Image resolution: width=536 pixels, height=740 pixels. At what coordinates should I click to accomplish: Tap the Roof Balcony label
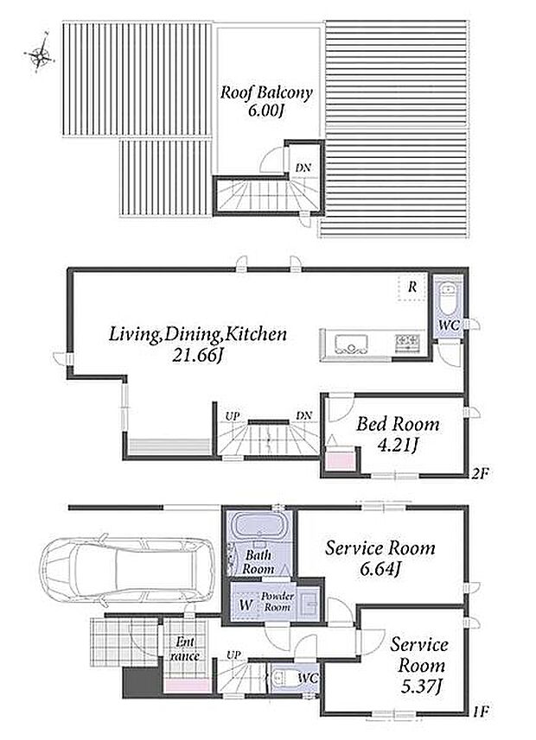(266, 92)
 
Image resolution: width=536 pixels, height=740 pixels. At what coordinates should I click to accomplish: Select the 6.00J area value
(266, 111)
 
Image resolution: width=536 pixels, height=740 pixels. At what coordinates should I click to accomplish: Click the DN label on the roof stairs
(303, 168)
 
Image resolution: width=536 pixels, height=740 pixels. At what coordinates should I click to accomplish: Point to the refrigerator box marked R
(412, 287)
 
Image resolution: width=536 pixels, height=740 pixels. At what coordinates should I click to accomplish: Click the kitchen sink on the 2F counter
(351, 343)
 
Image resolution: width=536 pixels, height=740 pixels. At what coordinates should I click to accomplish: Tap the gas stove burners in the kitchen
(407, 342)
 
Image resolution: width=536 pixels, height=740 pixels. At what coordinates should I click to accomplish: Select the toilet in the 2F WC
(447, 300)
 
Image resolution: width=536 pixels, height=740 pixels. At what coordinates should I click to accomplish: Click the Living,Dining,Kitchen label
(198, 334)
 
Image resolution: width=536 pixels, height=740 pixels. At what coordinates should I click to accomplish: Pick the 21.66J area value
(197, 355)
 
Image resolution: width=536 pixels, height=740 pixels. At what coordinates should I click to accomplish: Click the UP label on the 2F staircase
(232, 416)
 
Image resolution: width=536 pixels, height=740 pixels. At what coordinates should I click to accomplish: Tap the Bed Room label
(398, 424)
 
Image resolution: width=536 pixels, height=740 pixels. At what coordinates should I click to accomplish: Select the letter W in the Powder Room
(245, 605)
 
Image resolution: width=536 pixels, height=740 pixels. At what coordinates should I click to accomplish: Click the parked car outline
(127, 570)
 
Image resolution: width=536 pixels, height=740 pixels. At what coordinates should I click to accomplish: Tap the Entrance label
(185, 648)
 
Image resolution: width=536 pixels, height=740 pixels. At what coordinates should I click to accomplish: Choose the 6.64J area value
(380, 569)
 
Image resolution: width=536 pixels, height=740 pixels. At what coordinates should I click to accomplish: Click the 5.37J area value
(420, 686)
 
